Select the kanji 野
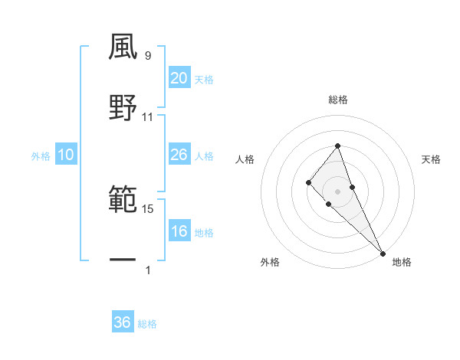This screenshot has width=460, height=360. pyautogui.click(x=123, y=107)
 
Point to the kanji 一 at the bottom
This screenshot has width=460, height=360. pyautogui.click(x=123, y=260)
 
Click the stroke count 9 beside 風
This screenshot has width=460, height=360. pyautogui.click(x=148, y=56)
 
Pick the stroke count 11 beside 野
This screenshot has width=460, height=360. pyautogui.click(x=148, y=117)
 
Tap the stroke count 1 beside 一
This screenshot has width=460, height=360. pyautogui.click(x=148, y=270)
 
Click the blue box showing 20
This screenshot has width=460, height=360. pyautogui.click(x=179, y=78)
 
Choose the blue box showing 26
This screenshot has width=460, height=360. pyautogui.click(x=179, y=155)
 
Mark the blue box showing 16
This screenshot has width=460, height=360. pyautogui.click(x=179, y=231)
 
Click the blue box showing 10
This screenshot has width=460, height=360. pyautogui.click(x=66, y=155)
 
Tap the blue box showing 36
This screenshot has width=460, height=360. pyautogui.click(x=123, y=322)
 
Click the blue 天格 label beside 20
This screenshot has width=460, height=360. pyautogui.click(x=204, y=80)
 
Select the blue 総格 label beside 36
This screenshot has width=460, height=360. pyautogui.click(x=147, y=324)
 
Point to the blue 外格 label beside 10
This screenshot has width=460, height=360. pyautogui.click(x=41, y=156)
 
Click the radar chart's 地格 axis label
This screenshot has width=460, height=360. pyautogui.click(x=402, y=262)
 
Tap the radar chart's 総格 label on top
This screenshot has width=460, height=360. pyautogui.click(x=337, y=100)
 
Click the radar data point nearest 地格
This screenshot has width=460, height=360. pyautogui.click(x=383, y=252)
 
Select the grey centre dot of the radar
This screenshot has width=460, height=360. pyautogui.click(x=337, y=191)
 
